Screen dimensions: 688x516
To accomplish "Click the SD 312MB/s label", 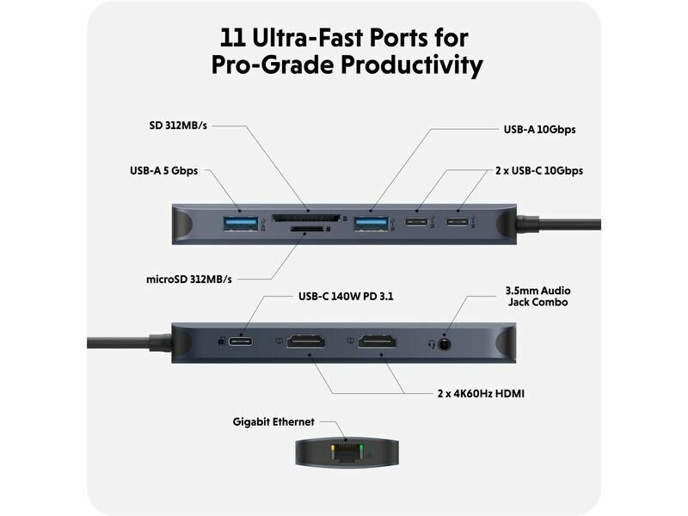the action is click(x=178, y=126).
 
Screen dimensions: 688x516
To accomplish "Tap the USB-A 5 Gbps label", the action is click(x=163, y=170).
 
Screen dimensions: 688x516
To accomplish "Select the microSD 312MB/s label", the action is click(x=188, y=279).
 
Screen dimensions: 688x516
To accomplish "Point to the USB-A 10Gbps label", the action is click(x=539, y=130).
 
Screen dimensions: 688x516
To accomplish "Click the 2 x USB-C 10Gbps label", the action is click(x=539, y=170).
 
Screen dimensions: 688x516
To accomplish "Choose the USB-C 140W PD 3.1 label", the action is click(x=346, y=296).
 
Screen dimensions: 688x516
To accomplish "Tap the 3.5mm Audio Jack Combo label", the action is click(x=537, y=296).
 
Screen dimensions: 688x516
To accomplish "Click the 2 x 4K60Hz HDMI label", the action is click(x=481, y=393).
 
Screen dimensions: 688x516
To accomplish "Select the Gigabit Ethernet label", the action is click(x=273, y=421).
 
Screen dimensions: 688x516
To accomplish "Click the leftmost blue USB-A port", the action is click(x=241, y=223).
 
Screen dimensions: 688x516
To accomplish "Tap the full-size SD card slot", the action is click(x=306, y=218).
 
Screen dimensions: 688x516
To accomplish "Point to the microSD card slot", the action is click(x=307, y=229).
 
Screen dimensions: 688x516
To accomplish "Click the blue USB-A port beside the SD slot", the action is click(x=372, y=223).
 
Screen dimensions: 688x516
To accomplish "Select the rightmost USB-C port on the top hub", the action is click(x=458, y=221).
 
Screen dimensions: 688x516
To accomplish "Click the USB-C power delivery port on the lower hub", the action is click(x=241, y=341).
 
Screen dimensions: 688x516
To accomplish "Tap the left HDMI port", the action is click(x=306, y=341).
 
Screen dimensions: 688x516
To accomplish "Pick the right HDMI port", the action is click(x=377, y=341).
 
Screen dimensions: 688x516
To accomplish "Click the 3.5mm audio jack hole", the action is click(x=445, y=344).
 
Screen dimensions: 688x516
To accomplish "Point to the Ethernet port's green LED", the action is click(x=361, y=448).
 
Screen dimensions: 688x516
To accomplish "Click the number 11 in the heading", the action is click(x=232, y=38).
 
